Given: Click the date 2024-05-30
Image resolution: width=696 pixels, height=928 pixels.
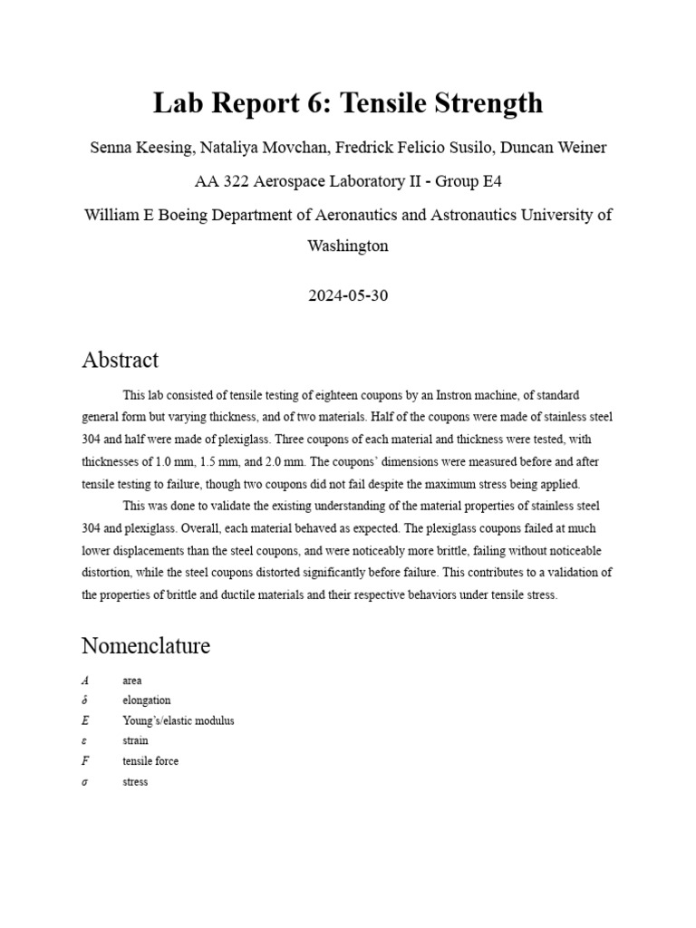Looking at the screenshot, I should [x=348, y=295].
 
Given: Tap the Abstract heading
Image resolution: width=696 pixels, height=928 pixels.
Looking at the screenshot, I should [x=120, y=360].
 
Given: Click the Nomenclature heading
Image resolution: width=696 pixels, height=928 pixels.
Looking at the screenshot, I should [x=146, y=646].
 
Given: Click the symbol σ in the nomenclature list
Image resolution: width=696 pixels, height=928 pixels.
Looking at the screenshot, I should [x=84, y=781].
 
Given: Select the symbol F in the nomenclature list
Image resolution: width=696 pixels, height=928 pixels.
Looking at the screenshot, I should [x=84, y=761].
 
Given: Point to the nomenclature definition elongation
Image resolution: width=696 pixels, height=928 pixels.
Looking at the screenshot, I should [x=147, y=701].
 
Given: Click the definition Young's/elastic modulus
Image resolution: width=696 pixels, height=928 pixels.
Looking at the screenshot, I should [x=179, y=720].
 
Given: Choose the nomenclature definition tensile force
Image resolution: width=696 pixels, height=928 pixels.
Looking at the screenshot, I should [x=150, y=761].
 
